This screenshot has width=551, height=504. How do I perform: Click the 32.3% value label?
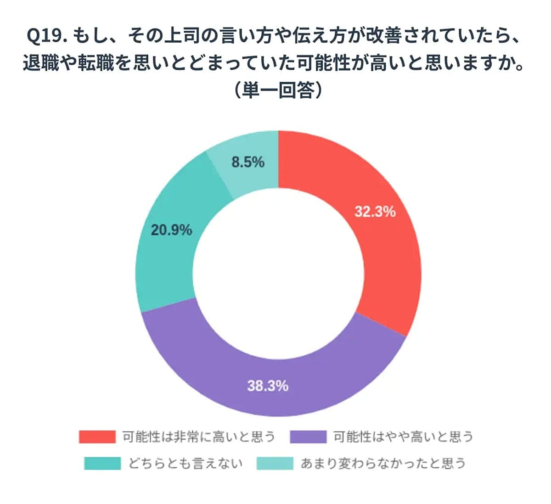pyautogui.click(x=375, y=212)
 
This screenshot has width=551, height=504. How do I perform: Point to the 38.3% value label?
pyautogui.click(x=268, y=386)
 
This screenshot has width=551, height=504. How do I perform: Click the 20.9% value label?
pyautogui.click(x=171, y=230)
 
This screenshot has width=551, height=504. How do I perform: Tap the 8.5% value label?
pyautogui.click(x=248, y=162)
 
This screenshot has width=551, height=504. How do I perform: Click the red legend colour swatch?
pyautogui.click(x=97, y=437)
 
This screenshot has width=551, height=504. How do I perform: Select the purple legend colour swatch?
pyautogui.click(x=308, y=437)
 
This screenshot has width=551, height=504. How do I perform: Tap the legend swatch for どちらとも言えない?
pyautogui.click(x=102, y=463)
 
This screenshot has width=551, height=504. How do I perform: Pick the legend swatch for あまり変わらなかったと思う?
pyautogui.click(x=275, y=463)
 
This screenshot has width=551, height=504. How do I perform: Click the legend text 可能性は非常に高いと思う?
pyautogui.click(x=198, y=437)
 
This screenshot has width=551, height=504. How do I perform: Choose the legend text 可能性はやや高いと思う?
pyautogui.click(x=403, y=437)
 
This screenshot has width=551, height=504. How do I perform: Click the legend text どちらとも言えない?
pyautogui.click(x=186, y=463)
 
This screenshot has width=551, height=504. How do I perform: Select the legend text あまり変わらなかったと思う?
pyautogui.click(x=383, y=463)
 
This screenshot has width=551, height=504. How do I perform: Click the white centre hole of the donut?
pyautogui.click(x=278, y=274)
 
